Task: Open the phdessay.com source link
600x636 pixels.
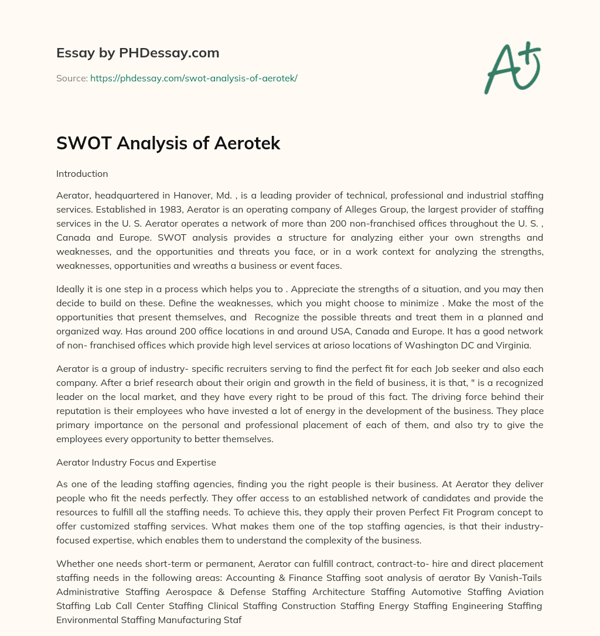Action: point(194,78)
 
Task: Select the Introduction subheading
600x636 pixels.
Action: point(82,174)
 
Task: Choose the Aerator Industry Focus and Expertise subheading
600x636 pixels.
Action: point(136,463)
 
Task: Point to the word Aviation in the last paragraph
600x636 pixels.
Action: point(524,591)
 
